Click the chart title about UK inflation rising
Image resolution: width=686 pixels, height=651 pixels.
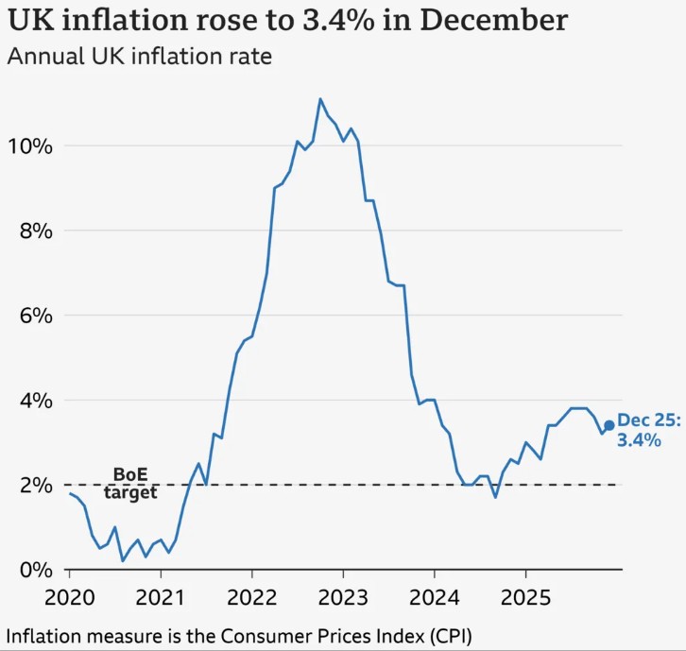click(287, 21)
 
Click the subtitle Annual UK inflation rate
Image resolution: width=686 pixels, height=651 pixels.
click(139, 57)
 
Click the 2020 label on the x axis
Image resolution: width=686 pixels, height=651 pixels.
click(70, 597)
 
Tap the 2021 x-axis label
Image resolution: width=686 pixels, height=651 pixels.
click(161, 597)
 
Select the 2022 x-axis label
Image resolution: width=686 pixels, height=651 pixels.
click(252, 597)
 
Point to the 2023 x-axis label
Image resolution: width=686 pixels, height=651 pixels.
click(343, 597)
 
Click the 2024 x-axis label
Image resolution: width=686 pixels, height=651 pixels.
click(434, 597)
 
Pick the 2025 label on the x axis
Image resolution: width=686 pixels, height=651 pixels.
click(525, 597)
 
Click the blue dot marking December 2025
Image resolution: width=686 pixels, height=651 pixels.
click(609, 425)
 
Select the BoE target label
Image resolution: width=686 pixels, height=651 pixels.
click(130, 483)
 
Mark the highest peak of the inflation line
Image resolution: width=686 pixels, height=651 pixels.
click(320, 98)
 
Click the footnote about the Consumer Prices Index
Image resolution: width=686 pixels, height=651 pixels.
click(238, 634)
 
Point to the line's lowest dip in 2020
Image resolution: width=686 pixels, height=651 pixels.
click(123, 561)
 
